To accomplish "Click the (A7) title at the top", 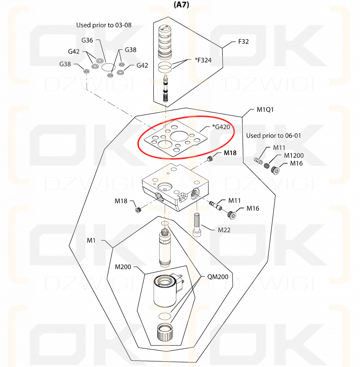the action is (x=181, y=4).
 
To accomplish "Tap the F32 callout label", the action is (x=243, y=42).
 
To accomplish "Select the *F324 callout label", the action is (x=203, y=60).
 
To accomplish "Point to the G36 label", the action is (x=87, y=40).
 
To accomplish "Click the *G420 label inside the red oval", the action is (x=221, y=127).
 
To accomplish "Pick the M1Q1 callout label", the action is (x=265, y=110).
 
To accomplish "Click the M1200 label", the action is (x=294, y=156).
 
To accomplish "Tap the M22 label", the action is (x=224, y=230).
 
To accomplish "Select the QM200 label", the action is (x=217, y=277).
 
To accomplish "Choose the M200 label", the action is (x=123, y=267).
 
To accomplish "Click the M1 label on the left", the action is (x=91, y=240).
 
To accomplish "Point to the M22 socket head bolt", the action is (x=197, y=225).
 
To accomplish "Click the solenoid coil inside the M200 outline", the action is (x=165, y=291).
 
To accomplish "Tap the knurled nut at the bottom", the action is (x=165, y=332).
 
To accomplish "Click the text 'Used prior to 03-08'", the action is (x=104, y=25).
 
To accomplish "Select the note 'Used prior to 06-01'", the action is (x=273, y=136).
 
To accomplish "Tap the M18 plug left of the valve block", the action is (x=138, y=210).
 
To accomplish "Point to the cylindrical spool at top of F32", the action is (x=165, y=42).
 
